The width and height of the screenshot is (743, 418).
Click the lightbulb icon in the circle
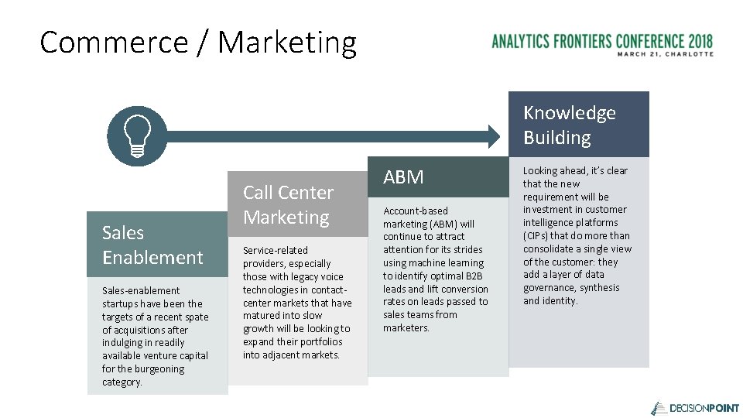click(136, 136)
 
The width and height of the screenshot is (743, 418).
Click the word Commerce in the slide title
click(112, 43)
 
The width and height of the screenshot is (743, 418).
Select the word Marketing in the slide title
click(287, 43)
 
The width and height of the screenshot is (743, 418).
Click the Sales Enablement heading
click(152, 245)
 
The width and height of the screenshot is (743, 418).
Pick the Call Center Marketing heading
click(288, 204)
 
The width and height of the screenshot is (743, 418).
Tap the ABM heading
click(403, 177)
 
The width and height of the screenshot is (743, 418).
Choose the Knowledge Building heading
click(569, 125)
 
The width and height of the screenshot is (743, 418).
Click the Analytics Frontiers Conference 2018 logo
click(602, 40)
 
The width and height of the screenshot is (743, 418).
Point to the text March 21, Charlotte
click(665, 54)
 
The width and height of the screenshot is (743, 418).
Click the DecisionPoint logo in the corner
click(694, 407)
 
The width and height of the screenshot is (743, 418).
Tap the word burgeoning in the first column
click(152, 369)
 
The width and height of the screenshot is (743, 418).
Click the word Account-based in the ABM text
click(415, 211)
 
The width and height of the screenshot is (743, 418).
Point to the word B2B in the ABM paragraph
click(474, 276)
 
